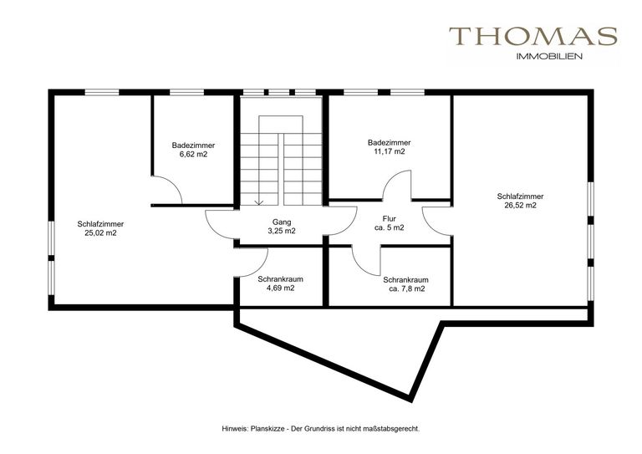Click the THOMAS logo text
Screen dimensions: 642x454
pos(533,36)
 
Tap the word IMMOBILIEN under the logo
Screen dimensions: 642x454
pos(549,57)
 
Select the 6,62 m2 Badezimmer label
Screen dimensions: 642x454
pos(193,150)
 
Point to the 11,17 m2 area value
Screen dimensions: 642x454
pos(389,151)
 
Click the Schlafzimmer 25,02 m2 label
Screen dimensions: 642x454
pos(100,228)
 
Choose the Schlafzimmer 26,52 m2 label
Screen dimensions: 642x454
pos(521,201)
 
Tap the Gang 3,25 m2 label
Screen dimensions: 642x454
pos(282,227)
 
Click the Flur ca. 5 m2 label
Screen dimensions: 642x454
pos(389,223)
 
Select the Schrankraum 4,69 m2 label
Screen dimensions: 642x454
pos(281,283)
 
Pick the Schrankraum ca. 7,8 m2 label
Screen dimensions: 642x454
pos(405,284)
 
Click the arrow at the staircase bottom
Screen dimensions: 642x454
pos(259,201)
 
